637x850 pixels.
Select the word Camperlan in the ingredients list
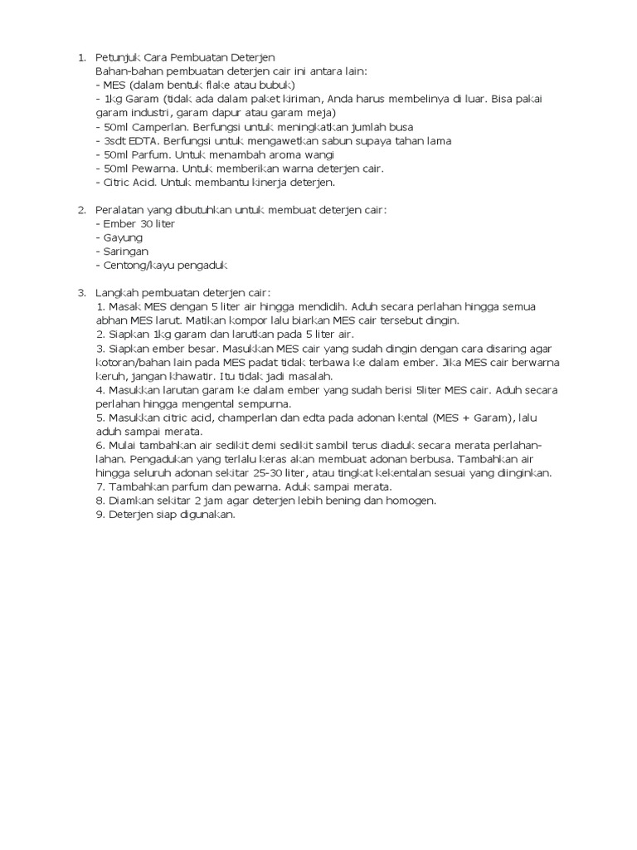(x=164, y=127)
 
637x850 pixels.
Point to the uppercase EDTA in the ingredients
(x=139, y=140)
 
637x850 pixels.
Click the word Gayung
(x=123, y=237)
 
